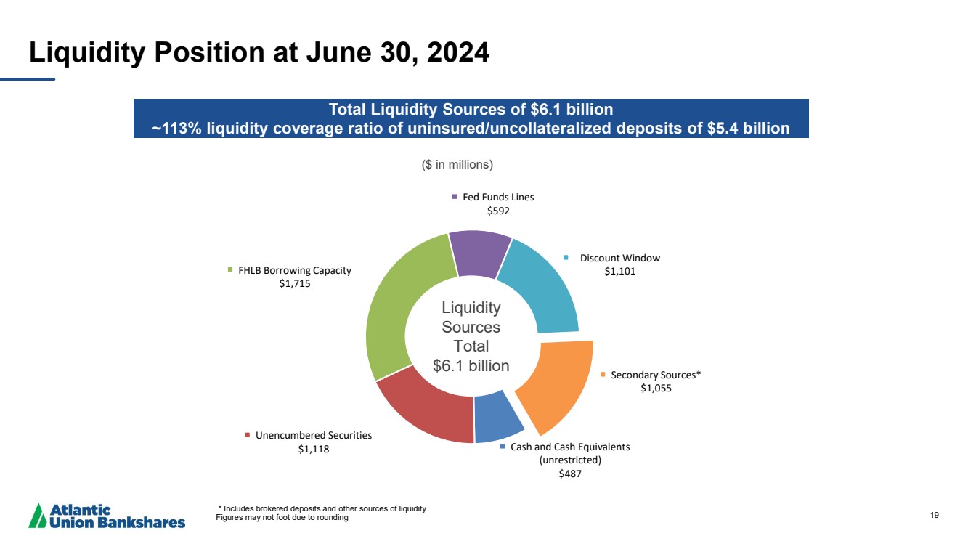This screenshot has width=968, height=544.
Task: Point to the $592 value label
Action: [x=498, y=211]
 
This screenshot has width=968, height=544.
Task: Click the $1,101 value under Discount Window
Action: [x=619, y=272]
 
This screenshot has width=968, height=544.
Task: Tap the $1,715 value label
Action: [x=295, y=283]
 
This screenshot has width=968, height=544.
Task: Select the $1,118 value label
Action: [x=313, y=449]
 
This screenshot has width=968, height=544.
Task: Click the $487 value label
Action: [x=570, y=474]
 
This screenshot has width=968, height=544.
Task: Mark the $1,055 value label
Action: [x=656, y=388]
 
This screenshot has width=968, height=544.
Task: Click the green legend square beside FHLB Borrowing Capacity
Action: [x=230, y=270]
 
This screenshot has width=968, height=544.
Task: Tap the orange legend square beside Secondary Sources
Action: [x=603, y=375]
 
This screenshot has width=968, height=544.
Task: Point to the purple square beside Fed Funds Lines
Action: [x=454, y=197]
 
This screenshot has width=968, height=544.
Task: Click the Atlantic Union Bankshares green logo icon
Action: [x=38, y=516]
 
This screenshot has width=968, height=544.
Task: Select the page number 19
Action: [x=935, y=515]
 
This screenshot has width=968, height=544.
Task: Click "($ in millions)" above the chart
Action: [x=457, y=165]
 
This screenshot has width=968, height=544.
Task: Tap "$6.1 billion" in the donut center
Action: [x=471, y=365]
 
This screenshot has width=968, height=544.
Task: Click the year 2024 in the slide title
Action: [x=458, y=52]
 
